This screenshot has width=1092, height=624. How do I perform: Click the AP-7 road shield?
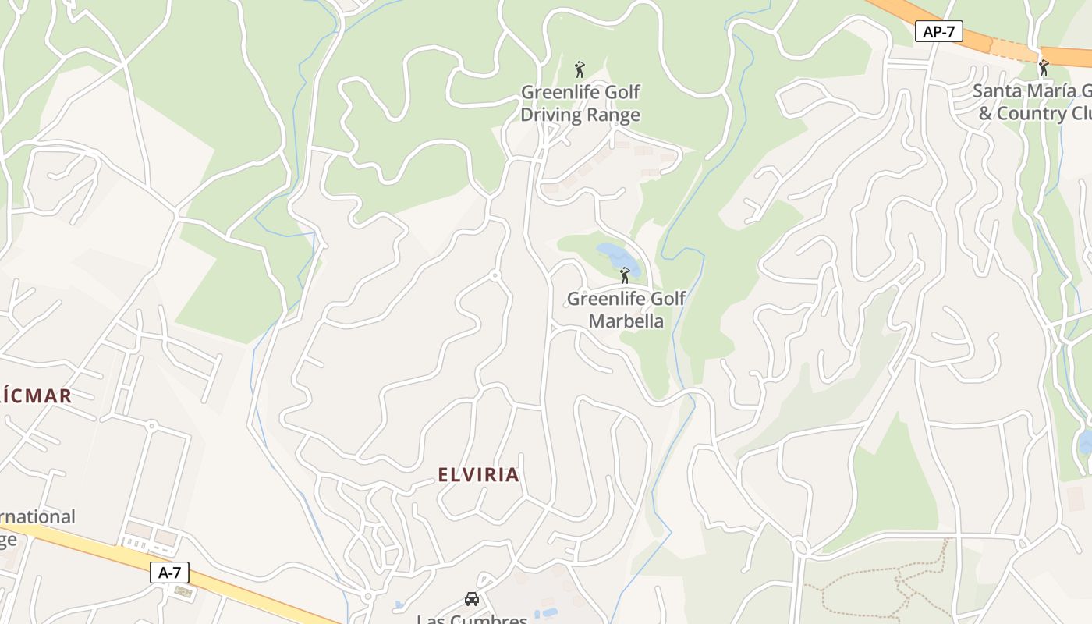pyautogui.click(x=938, y=32)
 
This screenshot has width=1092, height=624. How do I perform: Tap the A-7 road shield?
pyautogui.click(x=169, y=573)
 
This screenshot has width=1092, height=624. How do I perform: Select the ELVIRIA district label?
pyautogui.click(x=478, y=474)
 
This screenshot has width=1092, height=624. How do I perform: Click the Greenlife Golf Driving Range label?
pyautogui.click(x=580, y=103)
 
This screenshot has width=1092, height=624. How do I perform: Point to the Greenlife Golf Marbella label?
pyautogui.click(x=626, y=310)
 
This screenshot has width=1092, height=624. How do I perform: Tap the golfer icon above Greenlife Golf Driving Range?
pyautogui.click(x=580, y=69)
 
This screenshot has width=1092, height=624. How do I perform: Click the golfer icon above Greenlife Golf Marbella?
pyautogui.click(x=624, y=275)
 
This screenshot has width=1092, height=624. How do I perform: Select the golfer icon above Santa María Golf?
pyautogui.click(x=1044, y=68)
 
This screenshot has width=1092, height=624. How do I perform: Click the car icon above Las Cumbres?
pyautogui.click(x=471, y=598)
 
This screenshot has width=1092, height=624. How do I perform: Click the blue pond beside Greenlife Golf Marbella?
pyautogui.click(x=615, y=256)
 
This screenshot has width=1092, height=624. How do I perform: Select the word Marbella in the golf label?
pyautogui.click(x=626, y=321)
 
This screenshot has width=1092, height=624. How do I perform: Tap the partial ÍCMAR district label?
pyautogui.click(x=36, y=396)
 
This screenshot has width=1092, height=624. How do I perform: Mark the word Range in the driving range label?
pyautogui.click(x=612, y=115)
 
